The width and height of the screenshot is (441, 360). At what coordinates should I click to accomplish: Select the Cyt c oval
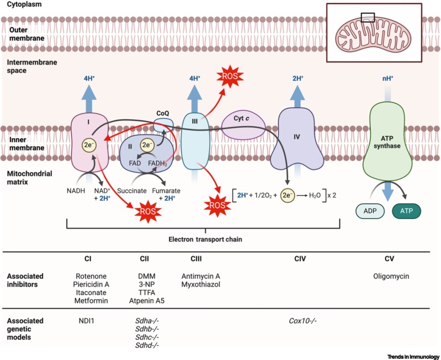[243, 126]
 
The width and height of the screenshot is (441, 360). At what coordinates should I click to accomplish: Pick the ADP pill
[370, 211]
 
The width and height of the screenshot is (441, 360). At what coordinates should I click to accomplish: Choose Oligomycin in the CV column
[390, 276]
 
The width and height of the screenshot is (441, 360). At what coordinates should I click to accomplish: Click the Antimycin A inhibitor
[201, 276]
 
